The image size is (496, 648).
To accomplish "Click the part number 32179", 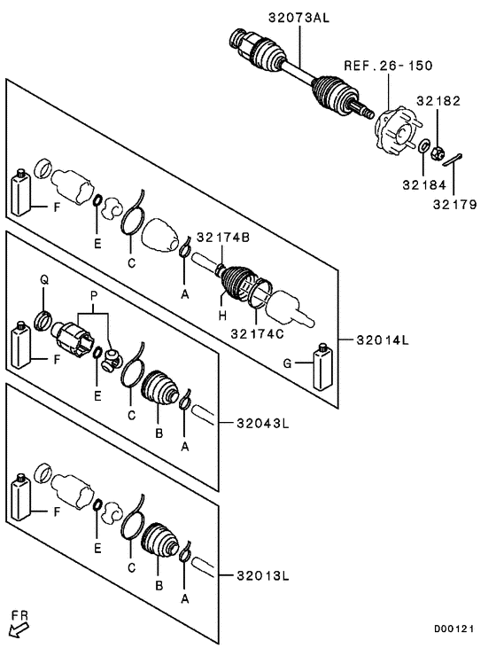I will point(456,206).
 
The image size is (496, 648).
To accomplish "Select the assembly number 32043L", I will point(262,423).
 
